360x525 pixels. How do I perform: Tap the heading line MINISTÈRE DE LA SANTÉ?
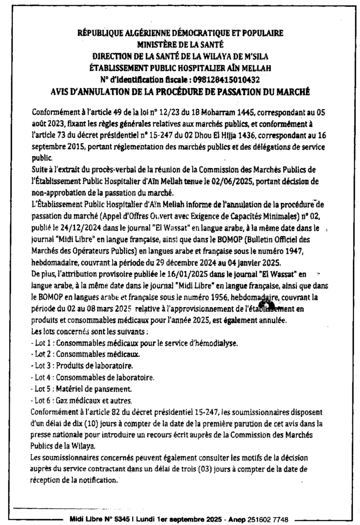point(179,45)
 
